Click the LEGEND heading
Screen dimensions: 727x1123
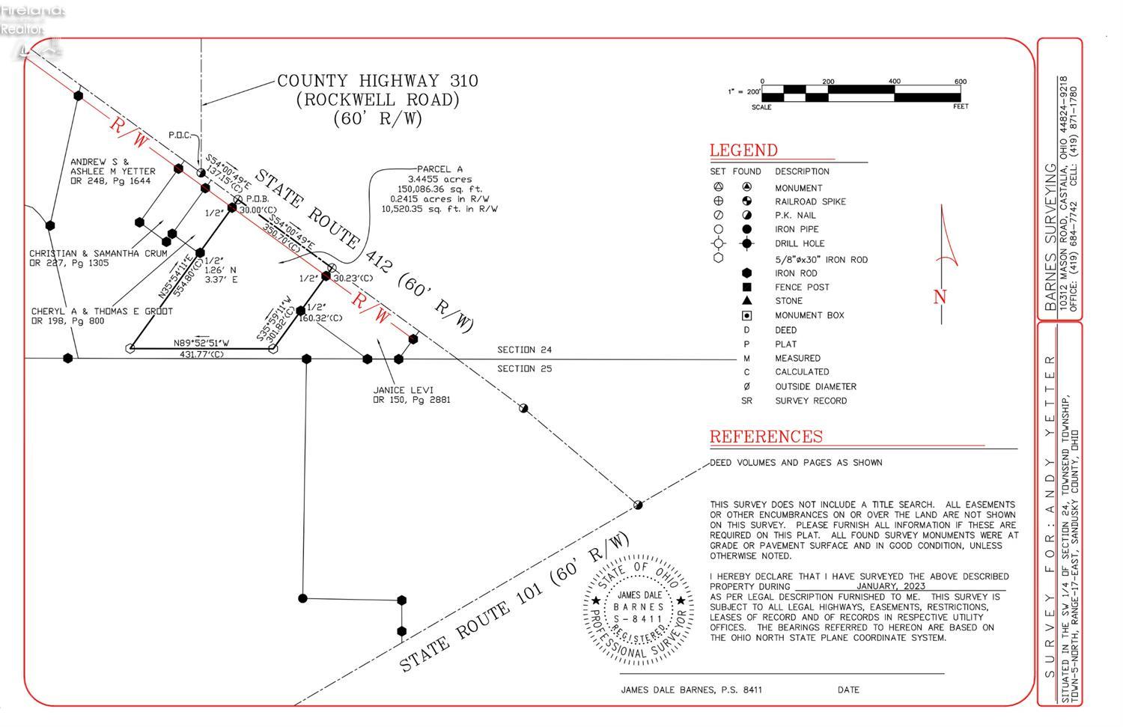point(743,150)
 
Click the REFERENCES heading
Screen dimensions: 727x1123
point(765,436)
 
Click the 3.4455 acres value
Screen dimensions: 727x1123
point(439,180)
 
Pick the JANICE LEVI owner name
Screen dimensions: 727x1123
point(403,390)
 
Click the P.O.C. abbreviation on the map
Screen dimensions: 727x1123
point(180,136)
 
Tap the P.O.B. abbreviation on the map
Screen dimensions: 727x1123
point(257,199)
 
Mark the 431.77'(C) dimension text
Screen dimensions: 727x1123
point(201,354)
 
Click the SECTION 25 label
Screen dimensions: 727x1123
point(524,368)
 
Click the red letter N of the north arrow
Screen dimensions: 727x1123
point(940,297)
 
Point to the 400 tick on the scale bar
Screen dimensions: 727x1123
point(894,82)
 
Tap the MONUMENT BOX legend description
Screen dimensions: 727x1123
point(809,315)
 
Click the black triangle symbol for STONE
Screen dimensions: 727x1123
point(746,300)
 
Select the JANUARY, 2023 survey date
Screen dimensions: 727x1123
point(891,586)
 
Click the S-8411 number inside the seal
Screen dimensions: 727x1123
point(638,619)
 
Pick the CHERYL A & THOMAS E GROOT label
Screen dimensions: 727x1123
point(102,311)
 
